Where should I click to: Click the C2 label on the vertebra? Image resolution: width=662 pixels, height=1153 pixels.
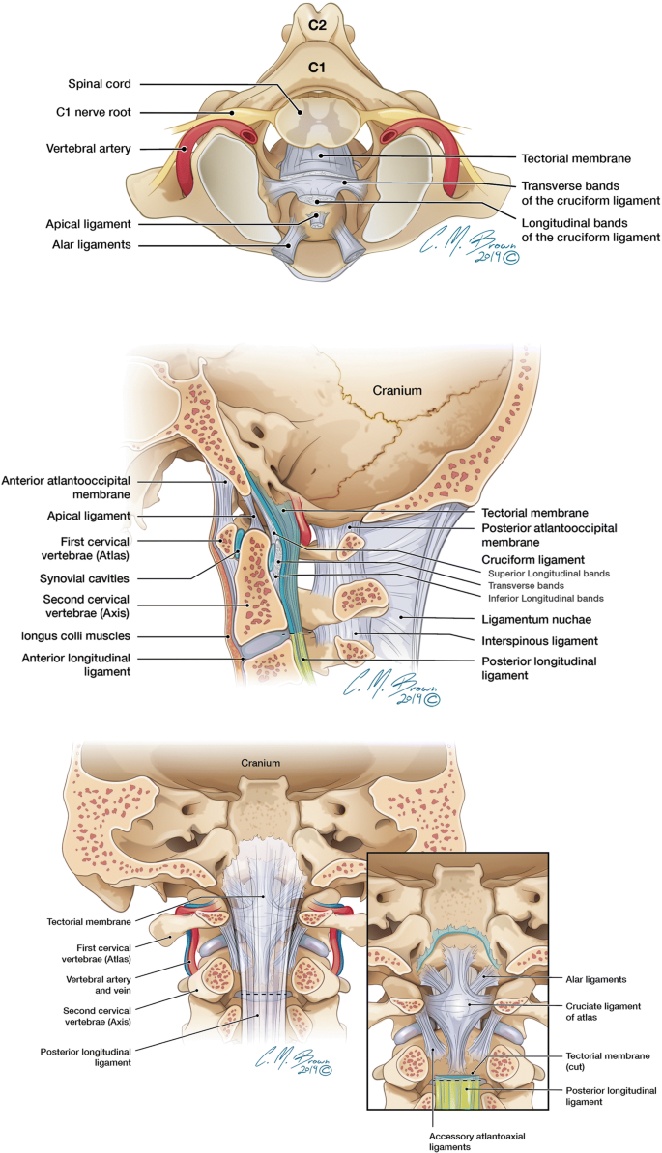click(x=317, y=26)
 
